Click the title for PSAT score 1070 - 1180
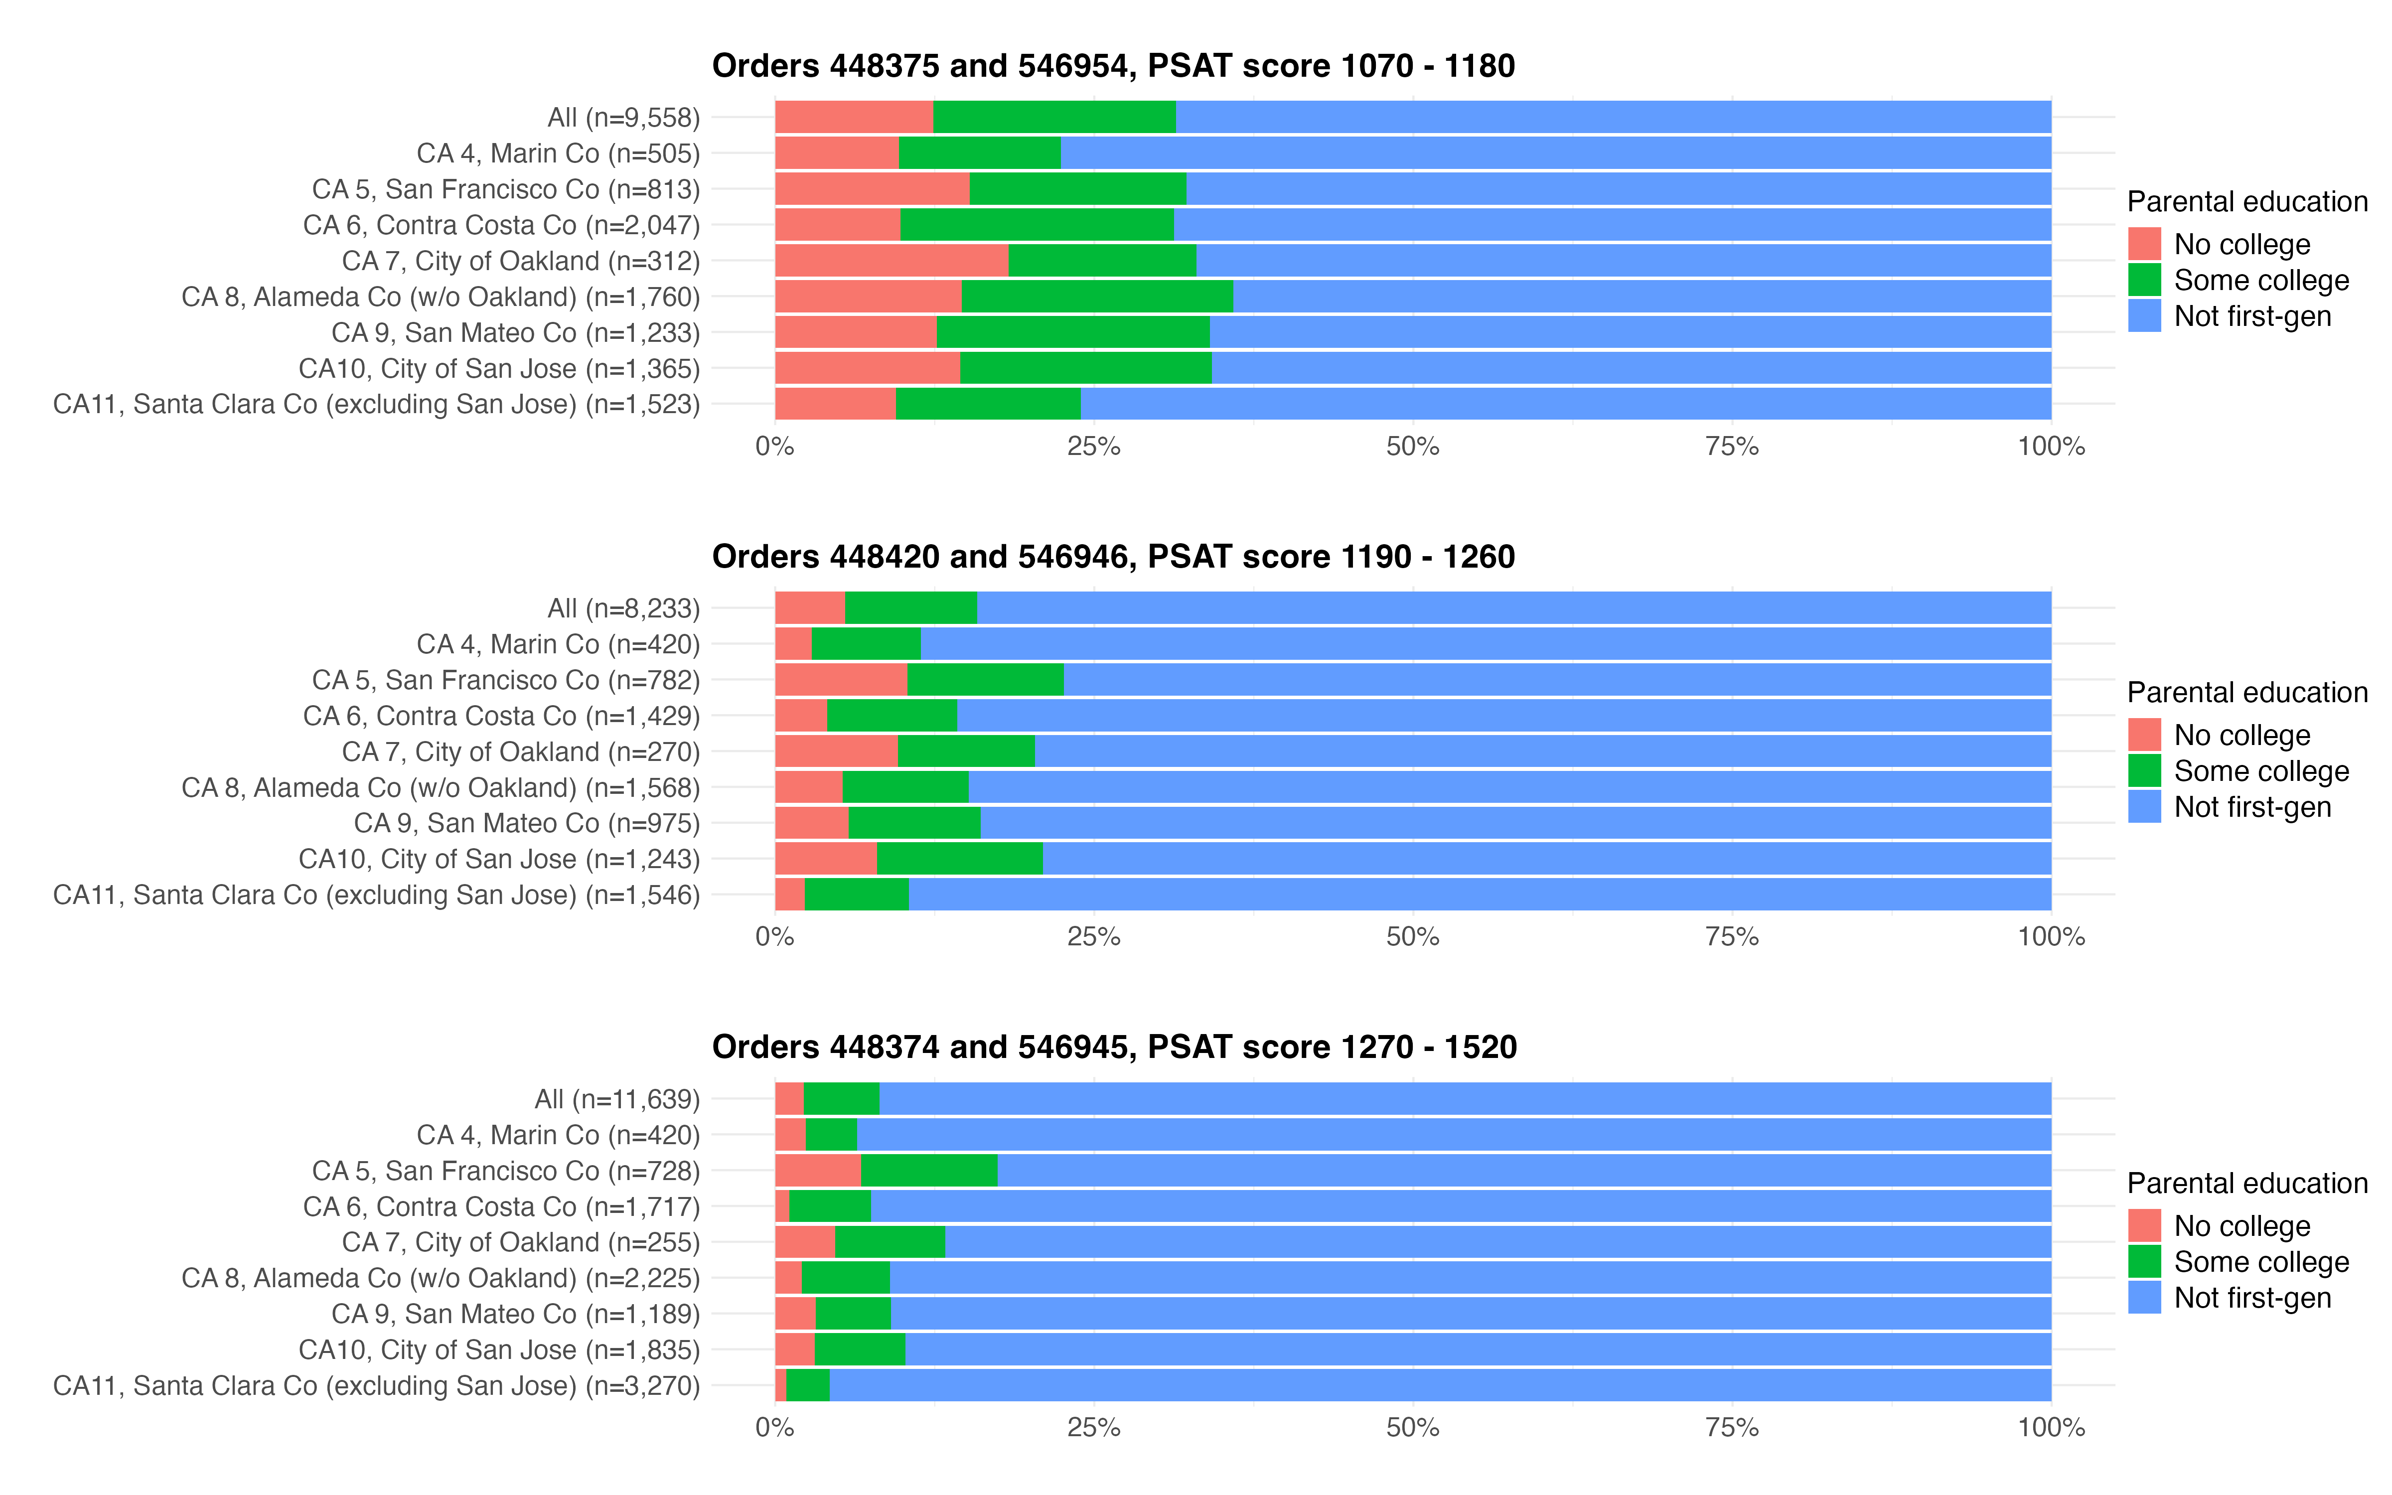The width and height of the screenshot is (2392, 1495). pyautogui.click(x=1113, y=66)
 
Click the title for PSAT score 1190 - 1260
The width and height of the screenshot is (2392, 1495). pyautogui.click(x=1113, y=557)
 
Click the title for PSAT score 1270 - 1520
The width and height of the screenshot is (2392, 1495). pyautogui.click(x=1114, y=1047)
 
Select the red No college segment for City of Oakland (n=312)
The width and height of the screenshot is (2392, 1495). pyautogui.click(x=891, y=261)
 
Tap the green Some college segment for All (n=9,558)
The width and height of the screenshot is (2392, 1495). pyautogui.click(x=1053, y=117)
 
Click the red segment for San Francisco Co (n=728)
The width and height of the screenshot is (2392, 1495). pyautogui.click(x=817, y=1171)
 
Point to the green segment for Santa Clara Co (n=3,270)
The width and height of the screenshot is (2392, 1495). pyautogui.click(x=807, y=1385)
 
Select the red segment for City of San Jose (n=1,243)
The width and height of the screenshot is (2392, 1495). pyautogui.click(x=825, y=859)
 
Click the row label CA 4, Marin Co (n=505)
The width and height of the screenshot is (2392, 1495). pyautogui.click(x=558, y=153)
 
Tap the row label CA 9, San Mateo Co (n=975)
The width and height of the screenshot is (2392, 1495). pyautogui.click(x=526, y=824)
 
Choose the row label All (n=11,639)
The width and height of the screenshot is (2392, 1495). pyautogui.click(x=617, y=1099)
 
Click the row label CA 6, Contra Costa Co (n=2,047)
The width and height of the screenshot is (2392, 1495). pyautogui.click(x=501, y=225)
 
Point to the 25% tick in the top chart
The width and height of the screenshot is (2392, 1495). pyautogui.click(x=1093, y=447)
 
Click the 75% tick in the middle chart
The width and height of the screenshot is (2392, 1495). pyautogui.click(x=1732, y=937)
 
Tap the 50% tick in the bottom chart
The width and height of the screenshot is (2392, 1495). pyautogui.click(x=1412, y=1428)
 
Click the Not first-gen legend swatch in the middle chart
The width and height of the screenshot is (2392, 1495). pyautogui.click(x=2144, y=807)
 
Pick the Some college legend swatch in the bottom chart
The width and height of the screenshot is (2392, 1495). pyautogui.click(x=2144, y=1262)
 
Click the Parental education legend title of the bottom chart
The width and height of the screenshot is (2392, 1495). pyautogui.click(x=2246, y=1184)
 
